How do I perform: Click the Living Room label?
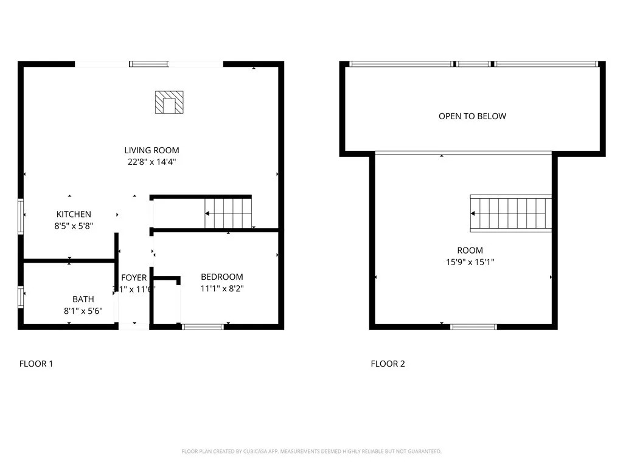pyautogui.click(x=151, y=150)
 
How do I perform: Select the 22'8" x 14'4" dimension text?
pyautogui.click(x=151, y=162)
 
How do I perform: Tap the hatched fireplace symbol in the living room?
pyautogui.click(x=169, y=102)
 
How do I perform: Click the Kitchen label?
pyautogui.click(x=74, y=214)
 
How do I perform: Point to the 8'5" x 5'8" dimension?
pyautogui.click(x=74, y=226)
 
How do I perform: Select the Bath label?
pyautogui.click(x=83, y=299)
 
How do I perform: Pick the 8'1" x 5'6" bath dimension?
pyautogui.click(x=83, y=311)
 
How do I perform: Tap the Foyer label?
pyautogui.click(x=134, y=278)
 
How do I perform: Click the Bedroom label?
pyautogui.click(x=222, y=277)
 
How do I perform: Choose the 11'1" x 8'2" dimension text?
pyautogui.click(x=222, y=289)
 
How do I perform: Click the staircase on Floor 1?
pyautogui.click(x=228, y=213)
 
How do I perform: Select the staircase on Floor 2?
pyautogui.click(x=511, y=213)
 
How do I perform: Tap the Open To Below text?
pyautogui.click(x=472, y=116)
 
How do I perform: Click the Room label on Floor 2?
pyautogui.click(x=470, y=250)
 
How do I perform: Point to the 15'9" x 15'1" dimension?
pyautogui.click(x=470, y=262)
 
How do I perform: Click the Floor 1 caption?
pyautogui.click(x=36, y=364)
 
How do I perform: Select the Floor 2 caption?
pyautogui.click(x=388, y=364)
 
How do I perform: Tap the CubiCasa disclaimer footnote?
pyautogui.click(x=311, y=451)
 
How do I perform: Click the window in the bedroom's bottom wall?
pyautogui.click(x=203, y=327)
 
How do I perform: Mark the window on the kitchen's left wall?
pyautogui.click(x=21, y=216)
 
